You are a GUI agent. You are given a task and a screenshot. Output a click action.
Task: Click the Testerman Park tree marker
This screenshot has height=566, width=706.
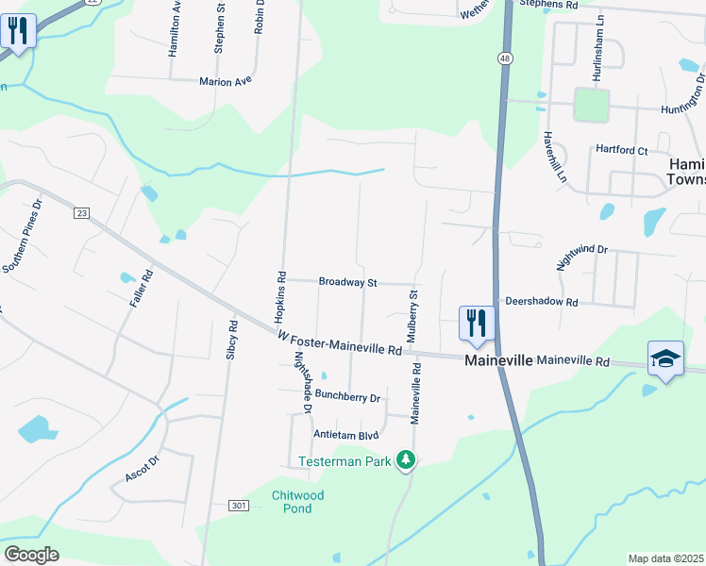406,460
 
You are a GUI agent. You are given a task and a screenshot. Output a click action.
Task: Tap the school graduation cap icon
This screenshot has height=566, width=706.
665,358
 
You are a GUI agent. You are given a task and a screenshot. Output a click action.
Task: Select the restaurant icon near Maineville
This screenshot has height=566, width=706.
477,323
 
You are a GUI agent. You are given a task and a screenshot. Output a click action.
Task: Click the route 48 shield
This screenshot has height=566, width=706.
506,58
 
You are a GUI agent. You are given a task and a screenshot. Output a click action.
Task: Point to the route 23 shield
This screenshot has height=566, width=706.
81,214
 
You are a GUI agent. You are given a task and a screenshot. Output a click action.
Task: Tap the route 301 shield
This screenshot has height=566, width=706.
239,506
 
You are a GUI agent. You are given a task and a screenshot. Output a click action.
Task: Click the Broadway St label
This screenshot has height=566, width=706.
347,282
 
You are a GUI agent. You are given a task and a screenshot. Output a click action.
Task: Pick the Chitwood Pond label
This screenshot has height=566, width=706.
298,502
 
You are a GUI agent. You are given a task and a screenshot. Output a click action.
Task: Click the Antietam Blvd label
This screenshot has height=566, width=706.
346,435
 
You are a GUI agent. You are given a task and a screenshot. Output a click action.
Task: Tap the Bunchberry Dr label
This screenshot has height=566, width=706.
347,396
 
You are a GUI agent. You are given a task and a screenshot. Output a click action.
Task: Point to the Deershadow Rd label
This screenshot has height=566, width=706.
541,302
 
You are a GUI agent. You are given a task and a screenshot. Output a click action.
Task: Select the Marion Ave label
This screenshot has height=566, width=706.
226,82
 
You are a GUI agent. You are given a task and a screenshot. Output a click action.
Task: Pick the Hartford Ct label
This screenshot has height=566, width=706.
621,150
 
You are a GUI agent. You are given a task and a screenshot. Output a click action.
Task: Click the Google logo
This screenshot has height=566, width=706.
31,555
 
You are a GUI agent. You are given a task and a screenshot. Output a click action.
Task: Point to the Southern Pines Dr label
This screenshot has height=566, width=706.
24,236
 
